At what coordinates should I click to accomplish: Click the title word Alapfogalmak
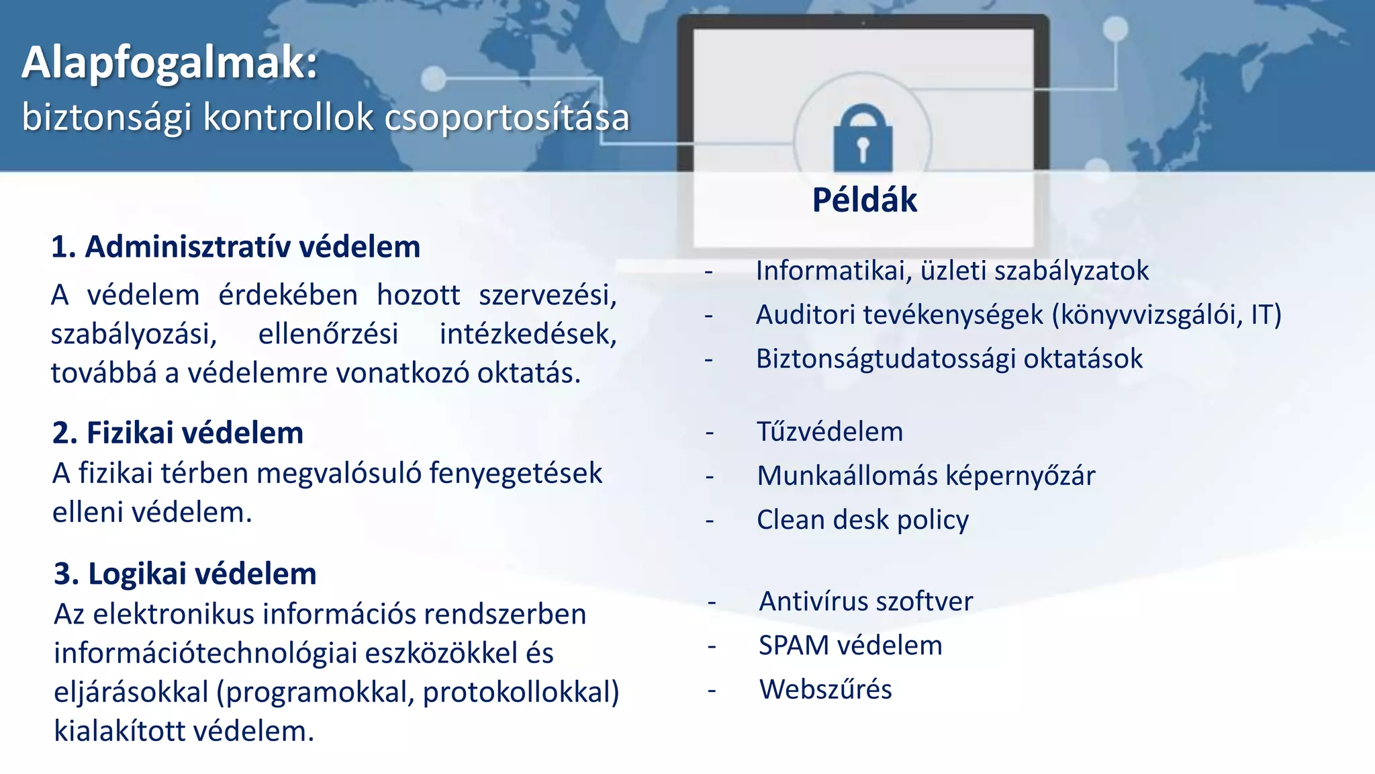point(169,63)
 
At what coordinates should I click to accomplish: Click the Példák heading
point(864,200)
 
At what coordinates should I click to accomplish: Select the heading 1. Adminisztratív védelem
point(236,247)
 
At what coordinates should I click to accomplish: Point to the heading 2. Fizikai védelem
point(178,433)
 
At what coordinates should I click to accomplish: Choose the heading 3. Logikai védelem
point(185,574)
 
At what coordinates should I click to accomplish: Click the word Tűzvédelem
point(830,431)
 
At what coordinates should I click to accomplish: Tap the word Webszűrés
point(826,689)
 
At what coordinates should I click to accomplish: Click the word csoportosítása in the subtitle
point(507,118)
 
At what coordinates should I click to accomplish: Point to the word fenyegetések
point(516,473)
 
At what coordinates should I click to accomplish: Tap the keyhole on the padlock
point(863,148)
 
